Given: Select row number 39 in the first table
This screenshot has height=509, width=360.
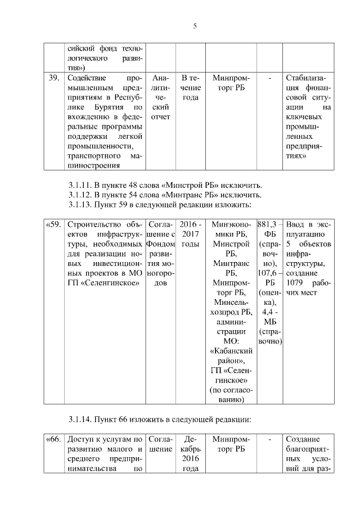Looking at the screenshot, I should coord(54,78).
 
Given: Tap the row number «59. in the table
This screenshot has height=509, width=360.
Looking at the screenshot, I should coord(53,225).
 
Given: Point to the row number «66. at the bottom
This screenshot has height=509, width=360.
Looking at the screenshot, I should coord(53,439).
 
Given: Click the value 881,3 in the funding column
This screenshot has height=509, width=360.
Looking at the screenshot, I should coord(268,225).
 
